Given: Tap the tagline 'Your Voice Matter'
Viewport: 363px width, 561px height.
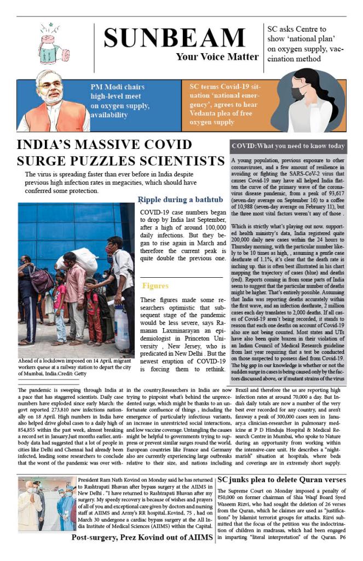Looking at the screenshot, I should [x=217, y=56].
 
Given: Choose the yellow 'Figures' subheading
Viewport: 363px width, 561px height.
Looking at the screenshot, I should [x=155, y=286].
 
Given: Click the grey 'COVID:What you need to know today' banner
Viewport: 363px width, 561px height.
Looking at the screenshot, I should [x=288, y=146].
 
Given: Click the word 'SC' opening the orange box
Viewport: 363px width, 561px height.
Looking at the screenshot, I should [x=195, y=87].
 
